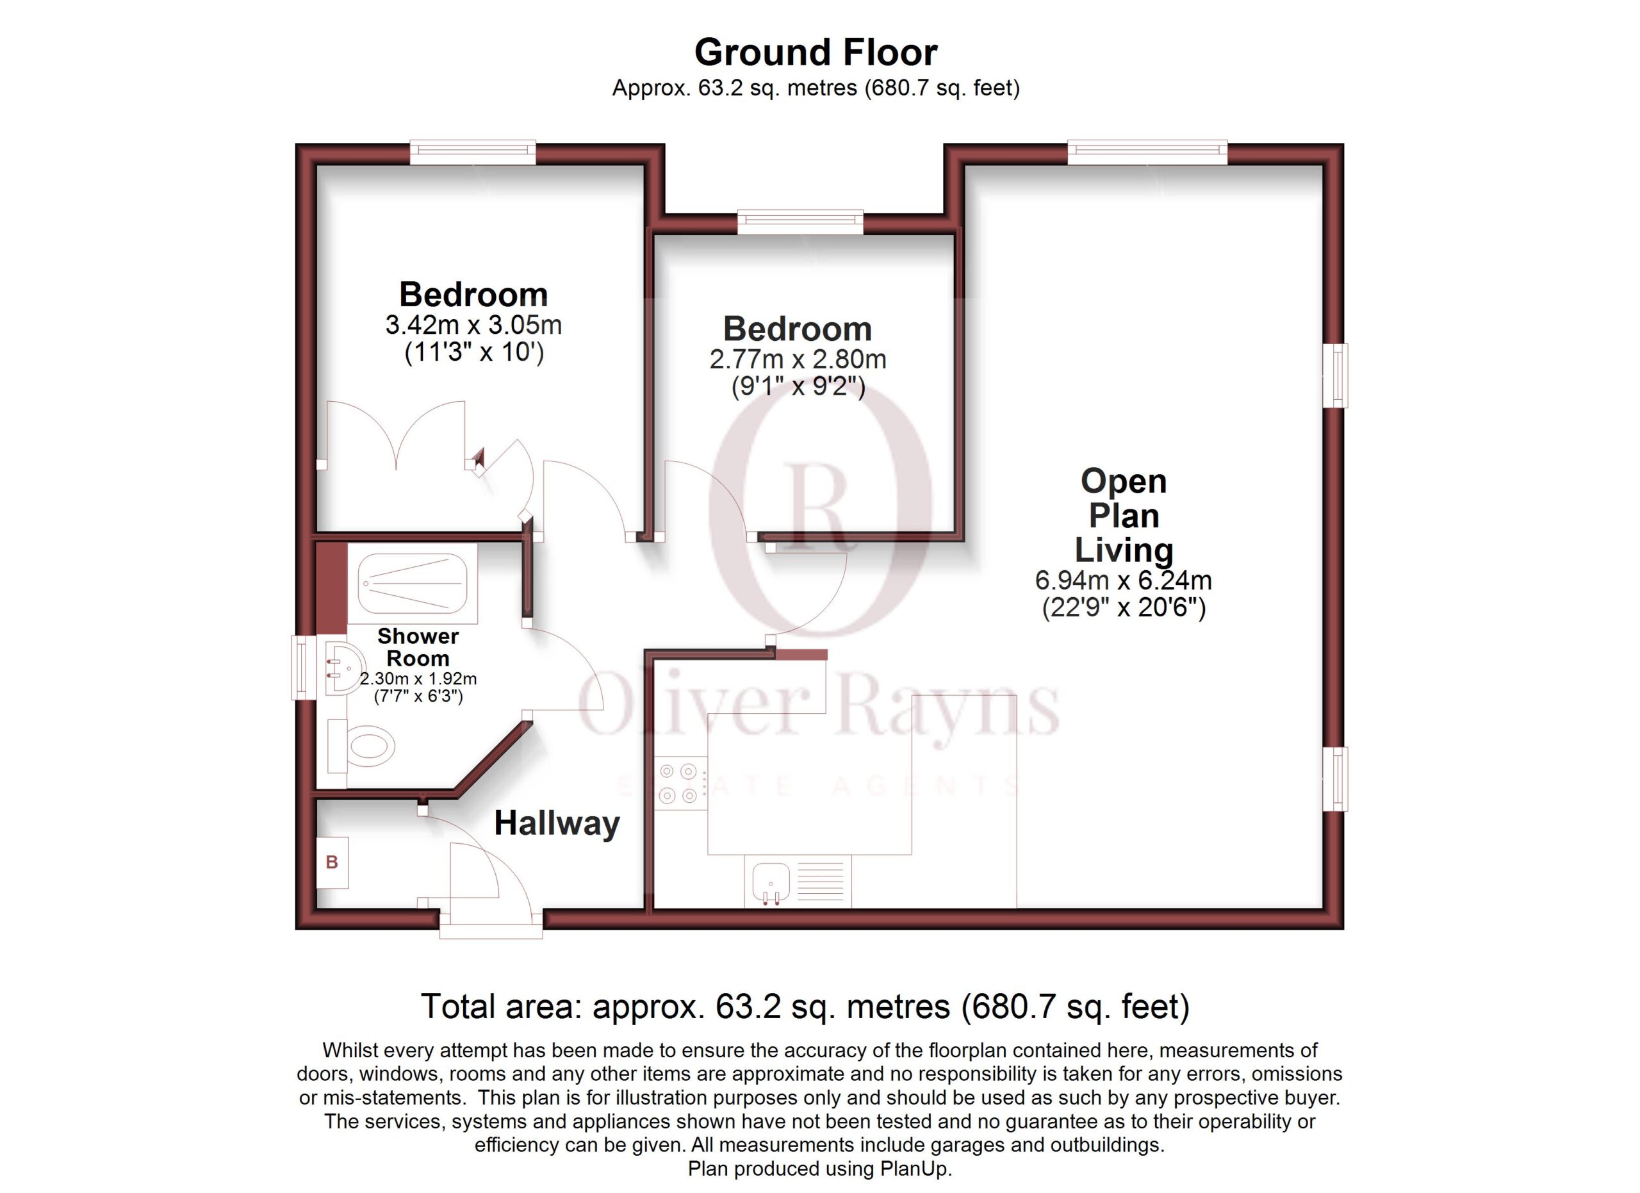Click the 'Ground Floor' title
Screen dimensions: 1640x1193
pyautogui.click(x=816, y=53)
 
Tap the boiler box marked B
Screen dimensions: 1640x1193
pyautogui.click(x=332, y=862)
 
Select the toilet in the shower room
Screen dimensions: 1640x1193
pyautogui.click(x=361, y=745)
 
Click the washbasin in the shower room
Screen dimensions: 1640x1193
pyautogui.click(x=343, y=668)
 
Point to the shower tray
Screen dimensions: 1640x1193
pyautogui.click(x=412, y=584)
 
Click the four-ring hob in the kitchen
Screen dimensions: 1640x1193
pyautogui.click(x=680, y=783)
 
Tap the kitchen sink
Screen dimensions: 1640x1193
pyautogui.click(x=798, y=882)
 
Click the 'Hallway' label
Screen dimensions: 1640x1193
pyautogui.click(x=557, y=824)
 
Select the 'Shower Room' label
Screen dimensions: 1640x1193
pyautogui.click(x=418, y=647)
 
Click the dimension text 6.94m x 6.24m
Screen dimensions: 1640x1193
pyautogui.click(x=1124, y=580)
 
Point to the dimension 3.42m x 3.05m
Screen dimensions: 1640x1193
pyautogui.click(x=473, y=325)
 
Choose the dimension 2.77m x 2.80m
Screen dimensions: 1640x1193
pyautogui.click(x=798, y=359)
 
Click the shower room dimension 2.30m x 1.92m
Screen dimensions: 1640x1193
pyautogui.click(x=418, y=679)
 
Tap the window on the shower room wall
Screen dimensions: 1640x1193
pyautogui.click(x=304, y=668)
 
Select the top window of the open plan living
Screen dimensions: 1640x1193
pyautogui.click(x=1147, y=152)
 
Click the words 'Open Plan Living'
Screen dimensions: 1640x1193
pyautogui.click(x=1124, y=516)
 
